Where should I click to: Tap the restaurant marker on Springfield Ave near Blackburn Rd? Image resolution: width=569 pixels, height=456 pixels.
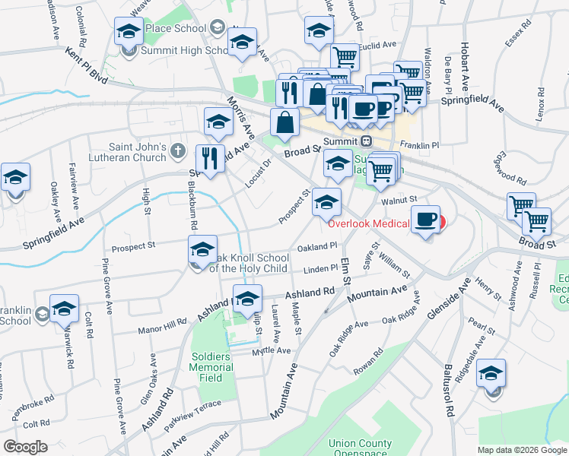point(208,159)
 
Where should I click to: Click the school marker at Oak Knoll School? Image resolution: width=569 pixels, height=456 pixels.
point(202,250)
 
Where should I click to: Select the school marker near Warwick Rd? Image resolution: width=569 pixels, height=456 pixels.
point(65,309)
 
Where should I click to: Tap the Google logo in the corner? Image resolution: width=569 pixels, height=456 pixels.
point(26,447)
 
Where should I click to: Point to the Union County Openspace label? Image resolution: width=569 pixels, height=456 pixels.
point(361,448)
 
